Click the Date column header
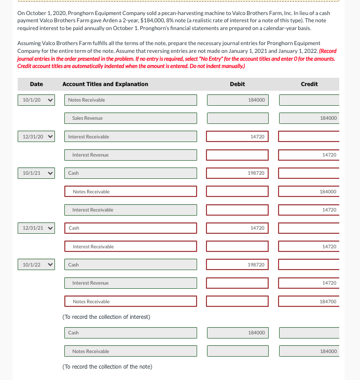click(36, 84)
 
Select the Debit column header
click(237, 84)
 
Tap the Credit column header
click(309, 84)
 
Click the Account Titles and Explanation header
click(105, 84)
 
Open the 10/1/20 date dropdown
click(36, 100)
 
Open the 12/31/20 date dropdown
click(36, 136)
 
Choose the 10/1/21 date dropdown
click(36, 173)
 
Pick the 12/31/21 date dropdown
click(36, 228)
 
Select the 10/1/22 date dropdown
click(36, 264)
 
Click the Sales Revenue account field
click(131, 118)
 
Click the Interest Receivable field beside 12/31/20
click(131, 136)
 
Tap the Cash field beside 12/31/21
click(131, 228)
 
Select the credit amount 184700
click(309, 301)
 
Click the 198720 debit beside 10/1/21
click(238, 173)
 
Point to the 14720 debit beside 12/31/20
click(238, 136)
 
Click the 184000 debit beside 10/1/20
click(238, 100)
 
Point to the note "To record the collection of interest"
click(106, 317)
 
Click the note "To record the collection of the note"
click(107, 367)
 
